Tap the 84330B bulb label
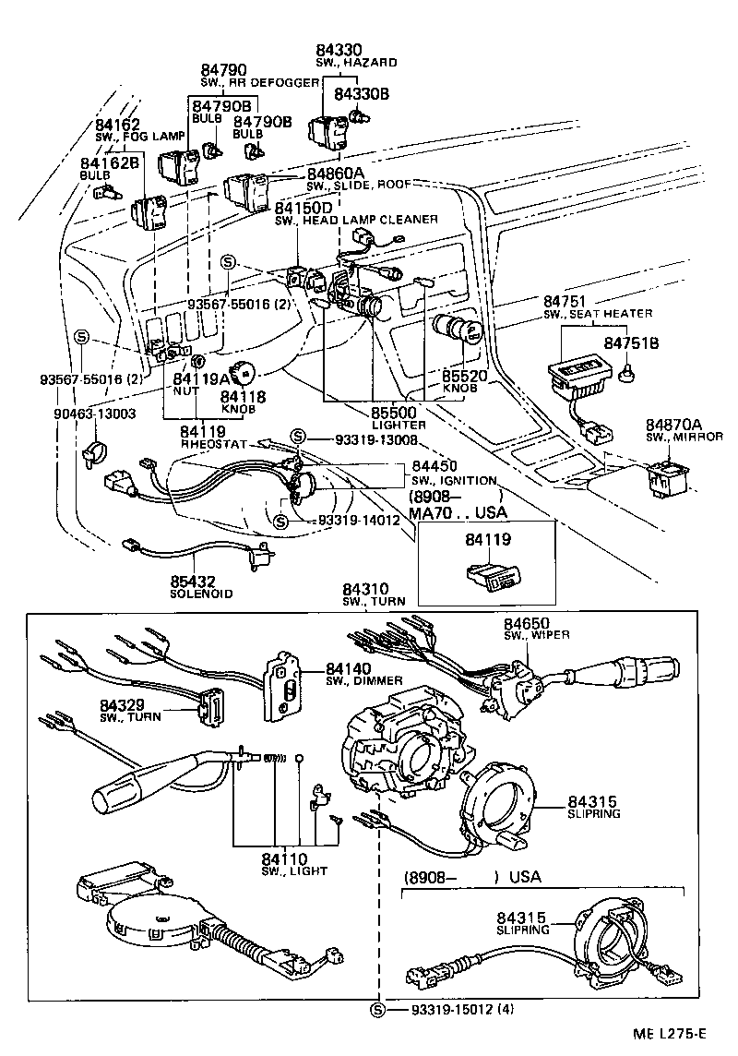362,94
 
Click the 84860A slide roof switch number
336,173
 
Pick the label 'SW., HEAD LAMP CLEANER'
356,220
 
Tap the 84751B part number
630,342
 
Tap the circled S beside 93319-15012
377,1009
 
